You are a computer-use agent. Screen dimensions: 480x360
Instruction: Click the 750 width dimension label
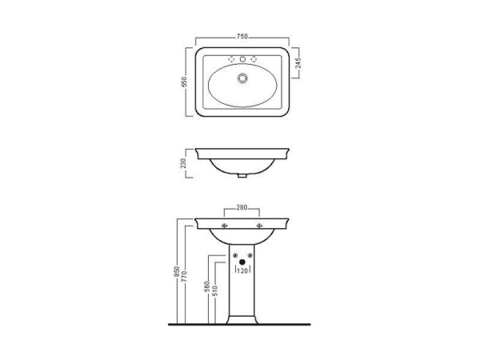point(242,37)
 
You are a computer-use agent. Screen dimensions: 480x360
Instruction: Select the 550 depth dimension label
point(184,82)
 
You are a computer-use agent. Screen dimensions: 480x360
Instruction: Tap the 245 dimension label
point(298,63)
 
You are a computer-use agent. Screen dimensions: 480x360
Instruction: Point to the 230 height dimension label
point(183,163)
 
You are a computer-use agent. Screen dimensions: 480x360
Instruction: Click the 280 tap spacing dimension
point(242,207)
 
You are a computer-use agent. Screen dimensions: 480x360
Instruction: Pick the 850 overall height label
point(176,272)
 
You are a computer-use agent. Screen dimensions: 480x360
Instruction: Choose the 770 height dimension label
point(184,277)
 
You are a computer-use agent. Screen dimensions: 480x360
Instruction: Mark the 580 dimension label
point(207,287)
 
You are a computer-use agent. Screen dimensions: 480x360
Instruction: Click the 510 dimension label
point(215,291)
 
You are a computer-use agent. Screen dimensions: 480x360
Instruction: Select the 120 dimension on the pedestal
point(242,271)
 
